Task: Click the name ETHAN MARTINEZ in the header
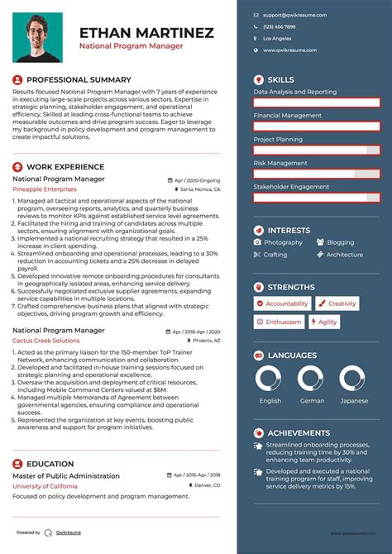tap(146, 33)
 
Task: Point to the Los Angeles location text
tap(277, 38)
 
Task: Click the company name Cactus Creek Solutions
tap(46, 341)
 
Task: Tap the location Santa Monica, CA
tap(199, 189)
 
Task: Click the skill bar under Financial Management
tap(317, 127)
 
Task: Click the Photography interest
tap(283, 242)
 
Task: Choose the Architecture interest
tap(344, 255)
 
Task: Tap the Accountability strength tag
tap(283, 303)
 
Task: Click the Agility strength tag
tap(327, 322)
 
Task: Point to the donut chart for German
tap(313, 380)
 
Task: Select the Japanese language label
tap(354, 401)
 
